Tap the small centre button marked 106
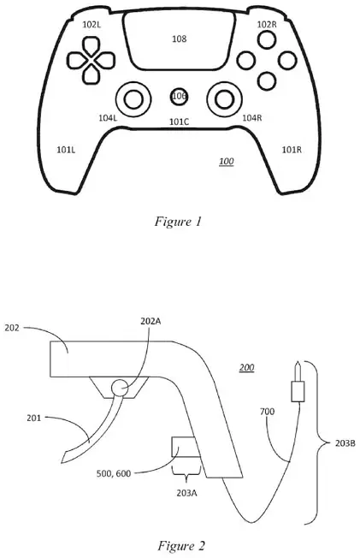(x=179, y=96)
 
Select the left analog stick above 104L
(x=133, y=99)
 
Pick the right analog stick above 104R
(x=225, y=99)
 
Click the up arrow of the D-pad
(x=91, y=46)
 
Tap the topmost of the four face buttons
(x=266, y=39)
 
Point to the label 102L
(x=91, y=25)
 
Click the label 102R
(x=267, y=25)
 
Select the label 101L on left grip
(x=66, y=150)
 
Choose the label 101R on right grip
(x=292, y=150)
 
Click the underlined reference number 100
(x=227, y=162)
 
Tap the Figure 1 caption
(x=178, y=222)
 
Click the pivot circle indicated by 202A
(x=120, y=388)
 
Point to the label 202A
(x=150, y=321)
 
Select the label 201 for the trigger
(x=34, y=418)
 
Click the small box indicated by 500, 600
(x=184, y=447)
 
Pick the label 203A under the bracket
(x=186, y=493)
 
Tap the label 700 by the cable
(x=267, y=412)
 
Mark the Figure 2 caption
(x=181, y=545)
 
